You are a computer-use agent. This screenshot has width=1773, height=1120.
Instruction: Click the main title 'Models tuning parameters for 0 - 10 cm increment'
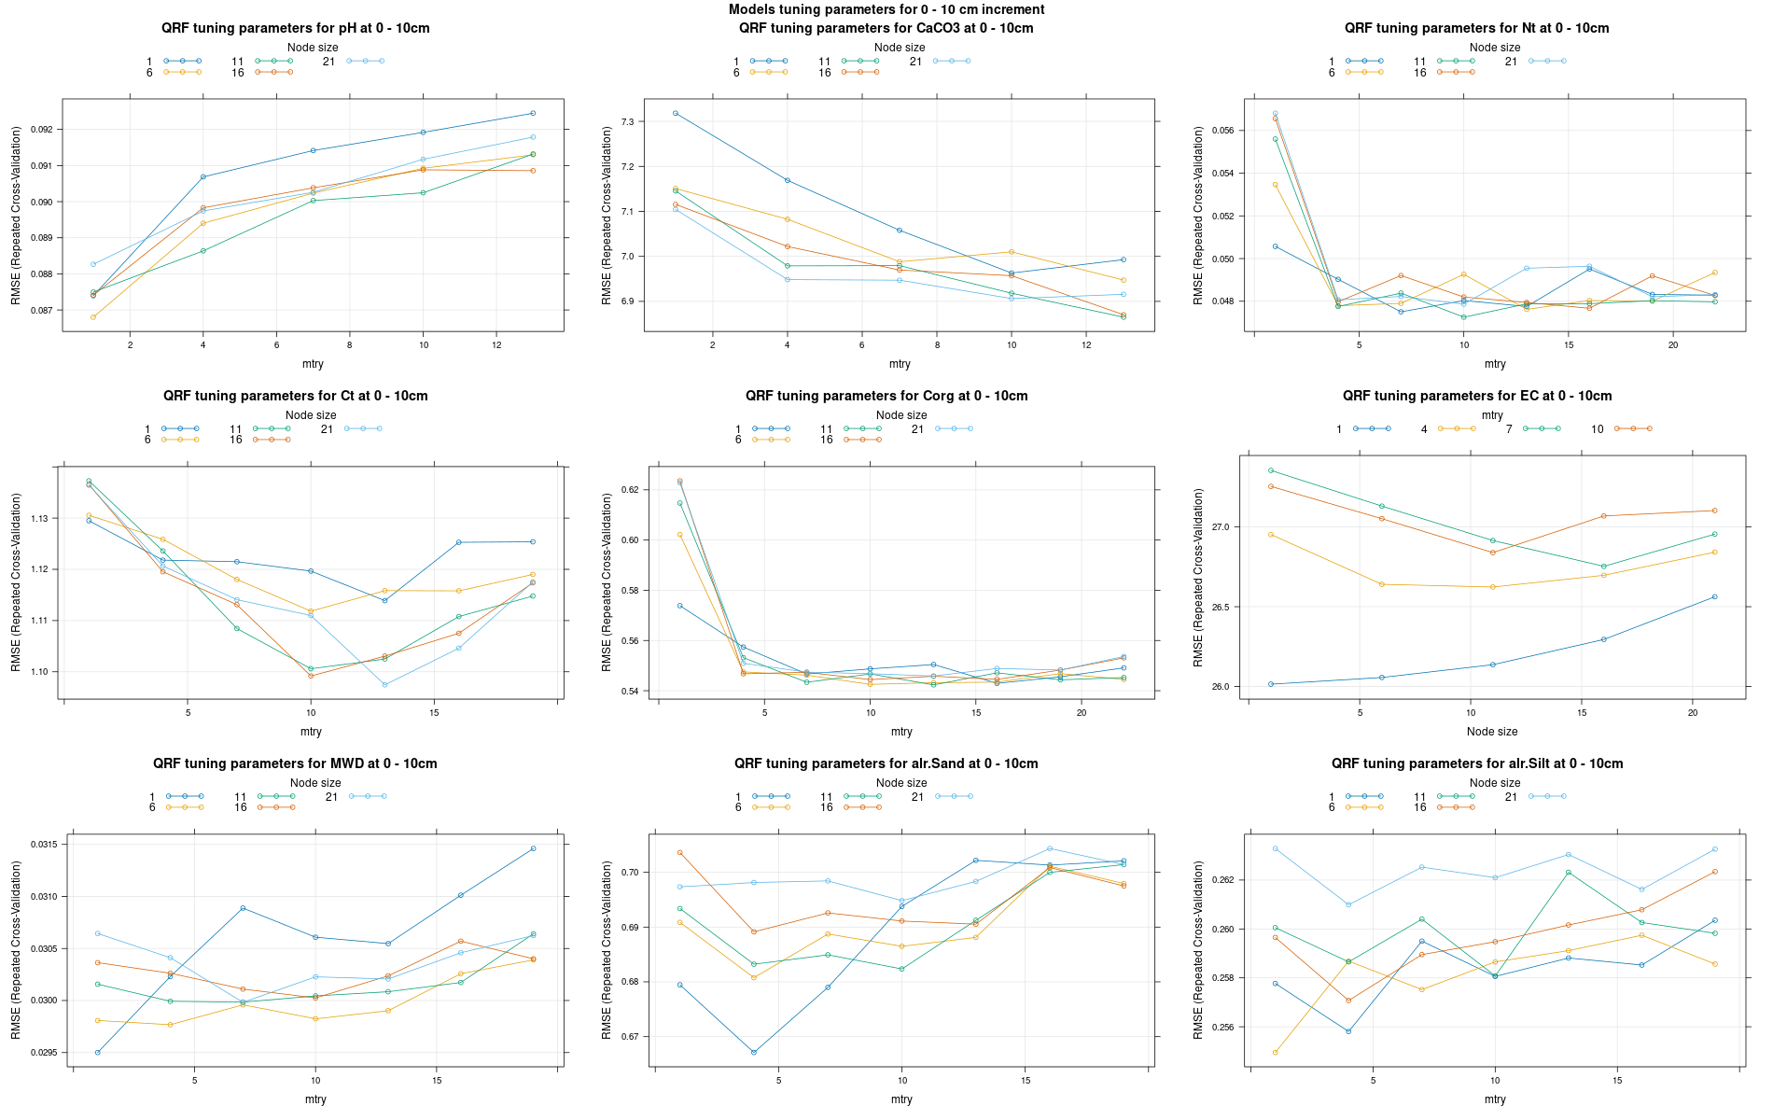[886, 9]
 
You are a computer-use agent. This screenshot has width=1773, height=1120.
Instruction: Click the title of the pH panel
[295, 28]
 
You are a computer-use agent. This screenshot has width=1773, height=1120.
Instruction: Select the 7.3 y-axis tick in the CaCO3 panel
[626, 122]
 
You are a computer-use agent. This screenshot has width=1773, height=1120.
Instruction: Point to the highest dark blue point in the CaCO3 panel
[676, 113]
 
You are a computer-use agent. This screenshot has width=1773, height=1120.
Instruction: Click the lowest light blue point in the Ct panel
[384, 685]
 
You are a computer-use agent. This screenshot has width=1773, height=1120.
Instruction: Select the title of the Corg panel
[886, 396]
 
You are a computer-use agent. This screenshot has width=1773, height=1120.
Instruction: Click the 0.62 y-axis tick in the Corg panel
[628, 490]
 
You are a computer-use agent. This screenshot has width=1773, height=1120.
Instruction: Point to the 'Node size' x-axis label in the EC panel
[1491, 732]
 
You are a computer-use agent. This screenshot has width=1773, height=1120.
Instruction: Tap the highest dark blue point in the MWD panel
[533, 848]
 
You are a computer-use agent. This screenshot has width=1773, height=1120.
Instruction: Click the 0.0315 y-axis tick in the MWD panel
[40, 845]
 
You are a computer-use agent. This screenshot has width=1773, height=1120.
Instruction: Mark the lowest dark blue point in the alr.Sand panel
[754, 1053]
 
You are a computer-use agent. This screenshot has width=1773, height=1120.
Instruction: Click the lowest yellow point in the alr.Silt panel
[1275, 1053]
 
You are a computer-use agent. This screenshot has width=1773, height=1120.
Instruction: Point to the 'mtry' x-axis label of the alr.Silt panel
[1494, 1099]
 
